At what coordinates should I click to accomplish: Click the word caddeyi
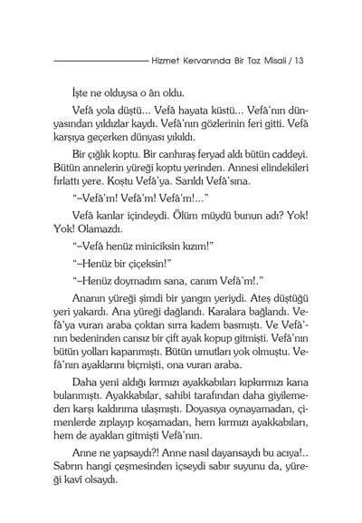(286, 165)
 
